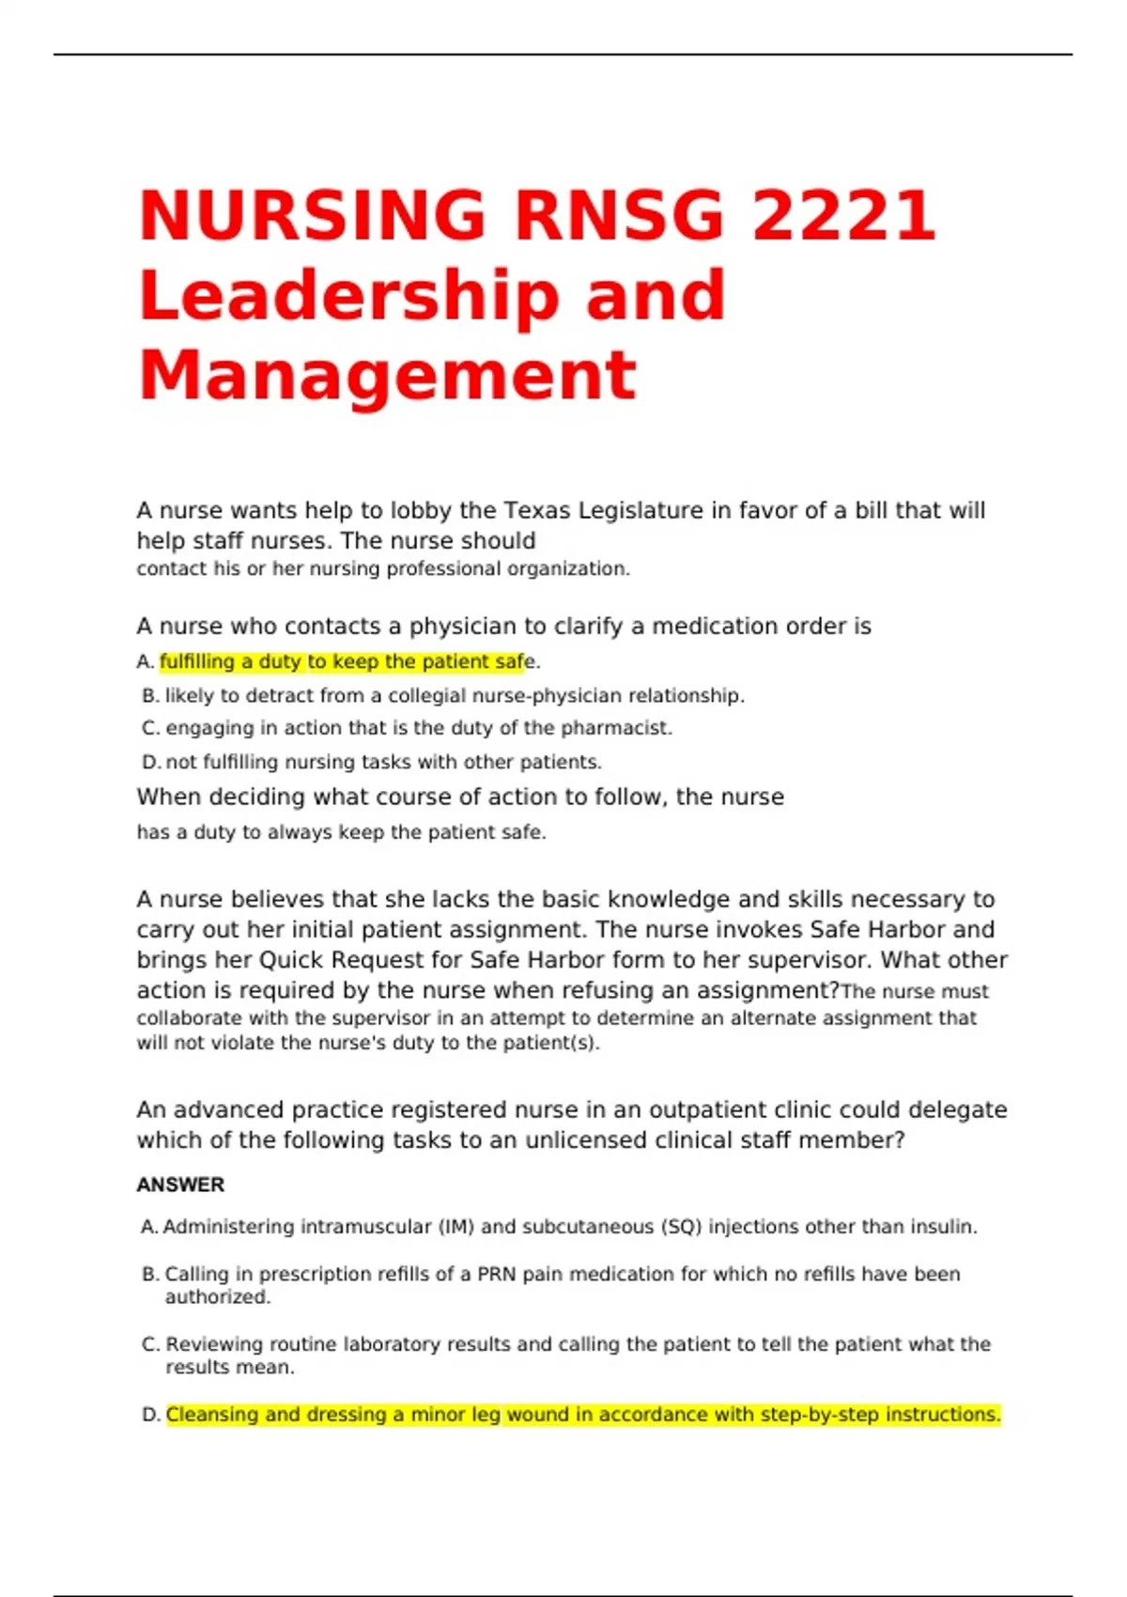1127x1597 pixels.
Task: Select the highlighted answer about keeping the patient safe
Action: click(342, 662)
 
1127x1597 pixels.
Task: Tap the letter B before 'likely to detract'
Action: click(150, 696)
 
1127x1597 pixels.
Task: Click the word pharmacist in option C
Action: click(615, 728)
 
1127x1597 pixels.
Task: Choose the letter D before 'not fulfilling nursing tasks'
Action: click(150, 762)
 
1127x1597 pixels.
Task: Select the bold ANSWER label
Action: click(180, 1186)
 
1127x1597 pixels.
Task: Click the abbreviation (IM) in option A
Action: click(456, 1227)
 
